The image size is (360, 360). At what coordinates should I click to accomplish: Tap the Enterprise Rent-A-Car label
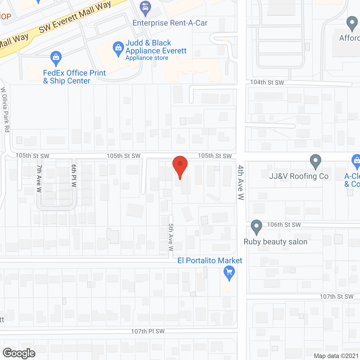(170, 23)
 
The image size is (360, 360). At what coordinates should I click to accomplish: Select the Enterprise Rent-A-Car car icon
(145, 8)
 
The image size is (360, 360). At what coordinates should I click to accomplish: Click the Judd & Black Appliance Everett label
(156, 47)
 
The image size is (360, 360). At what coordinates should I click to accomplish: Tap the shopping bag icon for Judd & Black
(118, 48)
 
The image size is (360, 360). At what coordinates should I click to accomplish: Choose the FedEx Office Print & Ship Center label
(74, 77)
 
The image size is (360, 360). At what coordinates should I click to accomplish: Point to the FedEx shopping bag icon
(56, 58)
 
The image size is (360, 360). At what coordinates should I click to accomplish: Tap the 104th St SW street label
(267, 82)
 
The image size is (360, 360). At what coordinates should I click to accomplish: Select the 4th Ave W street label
(241, 182)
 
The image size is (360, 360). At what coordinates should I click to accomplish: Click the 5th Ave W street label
(171, 237)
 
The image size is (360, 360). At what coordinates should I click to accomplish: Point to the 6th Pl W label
(74, 176)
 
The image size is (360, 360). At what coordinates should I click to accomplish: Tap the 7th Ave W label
(39, 178)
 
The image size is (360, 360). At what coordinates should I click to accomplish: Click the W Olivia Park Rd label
(5, 110)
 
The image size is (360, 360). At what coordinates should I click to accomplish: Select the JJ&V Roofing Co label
(299, 176)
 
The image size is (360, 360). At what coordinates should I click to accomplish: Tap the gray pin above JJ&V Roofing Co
(315, 161)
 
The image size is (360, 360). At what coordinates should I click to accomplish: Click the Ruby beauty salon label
(275, 242)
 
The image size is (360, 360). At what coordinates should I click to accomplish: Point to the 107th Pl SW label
(148, 331)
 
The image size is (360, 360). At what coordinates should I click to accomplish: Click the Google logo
(19, 353)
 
